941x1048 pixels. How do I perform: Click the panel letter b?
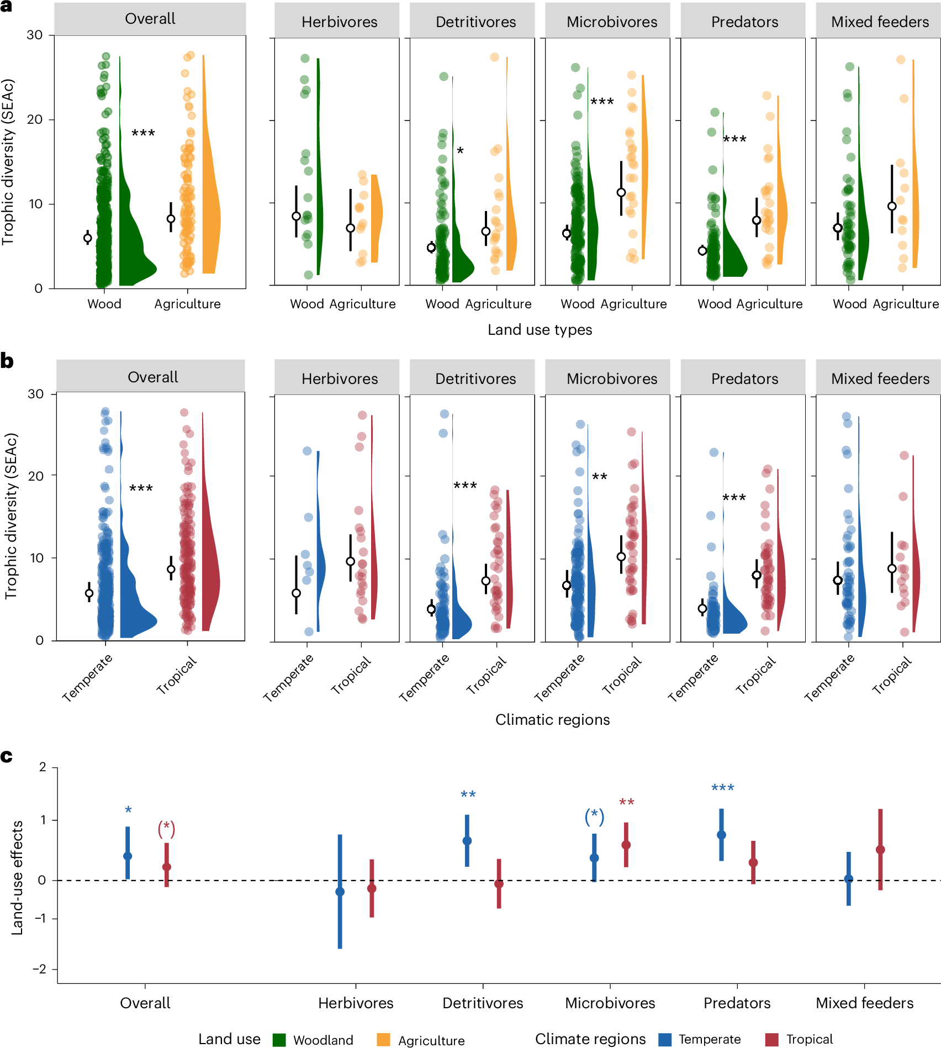pos(7,361)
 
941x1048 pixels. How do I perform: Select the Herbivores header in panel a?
pos(339,22)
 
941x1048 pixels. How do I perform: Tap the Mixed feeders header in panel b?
pos(880,378)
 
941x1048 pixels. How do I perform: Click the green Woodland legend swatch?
pos(279,1040)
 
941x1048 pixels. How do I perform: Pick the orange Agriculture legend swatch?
pos(383,1040)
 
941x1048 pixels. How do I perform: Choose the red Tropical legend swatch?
pos(771,1040)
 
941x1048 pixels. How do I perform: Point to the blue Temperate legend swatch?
pos(665,1040)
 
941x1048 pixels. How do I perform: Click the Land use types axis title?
pos(540,330)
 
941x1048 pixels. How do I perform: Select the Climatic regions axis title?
pos(552,719)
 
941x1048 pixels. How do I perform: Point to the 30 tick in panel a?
pos(34,35)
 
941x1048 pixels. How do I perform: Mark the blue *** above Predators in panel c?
pos(722,788)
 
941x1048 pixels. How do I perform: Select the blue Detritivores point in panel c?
pos(467,841)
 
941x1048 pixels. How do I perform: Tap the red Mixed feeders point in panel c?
pos(880,850)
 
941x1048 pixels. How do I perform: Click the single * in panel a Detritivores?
pos(460,151)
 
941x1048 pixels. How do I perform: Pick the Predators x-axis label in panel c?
pos(737,1003)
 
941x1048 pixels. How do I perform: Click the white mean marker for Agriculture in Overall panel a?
pos(171,219)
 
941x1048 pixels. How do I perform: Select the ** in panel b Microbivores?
pos(600,477)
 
